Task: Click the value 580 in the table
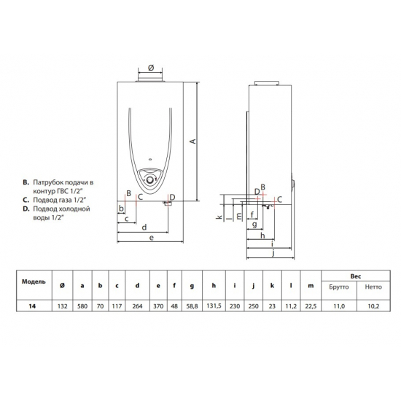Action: coord(82,307)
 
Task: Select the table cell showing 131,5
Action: coord(211,307)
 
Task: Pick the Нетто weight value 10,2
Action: coord(373,307)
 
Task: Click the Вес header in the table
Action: coord(357,276)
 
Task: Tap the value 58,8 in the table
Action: coord(191,307)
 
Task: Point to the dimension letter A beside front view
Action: coord(192,141)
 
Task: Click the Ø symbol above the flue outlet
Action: coord(150,67)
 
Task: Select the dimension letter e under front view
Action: coord(150,238)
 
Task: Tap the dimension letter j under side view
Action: coord(271,255)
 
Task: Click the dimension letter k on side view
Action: coord(219,217)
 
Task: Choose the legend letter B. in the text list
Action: coord(26,179)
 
